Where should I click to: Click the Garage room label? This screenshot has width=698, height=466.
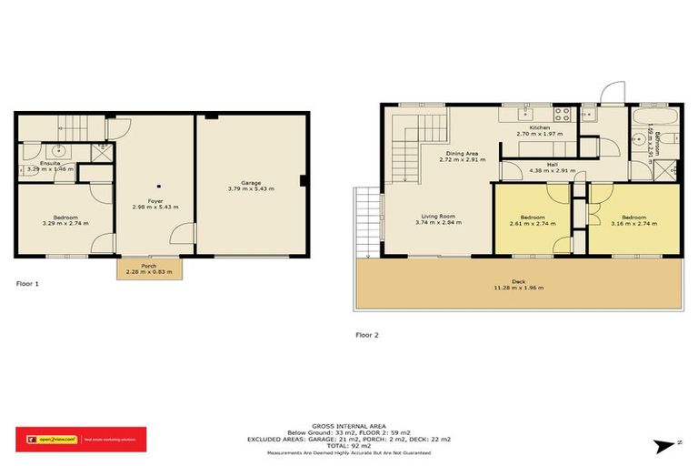click(251, 183)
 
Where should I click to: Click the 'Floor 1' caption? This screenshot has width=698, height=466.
click(27, 284)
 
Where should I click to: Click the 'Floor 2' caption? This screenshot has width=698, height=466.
click(368, 335)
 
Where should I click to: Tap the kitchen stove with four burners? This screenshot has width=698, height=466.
click(562, 116)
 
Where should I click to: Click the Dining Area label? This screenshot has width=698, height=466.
click(458, 155)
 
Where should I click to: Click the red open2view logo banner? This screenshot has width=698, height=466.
click(81, 439)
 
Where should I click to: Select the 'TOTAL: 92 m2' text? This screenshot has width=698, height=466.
click(349, 445)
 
